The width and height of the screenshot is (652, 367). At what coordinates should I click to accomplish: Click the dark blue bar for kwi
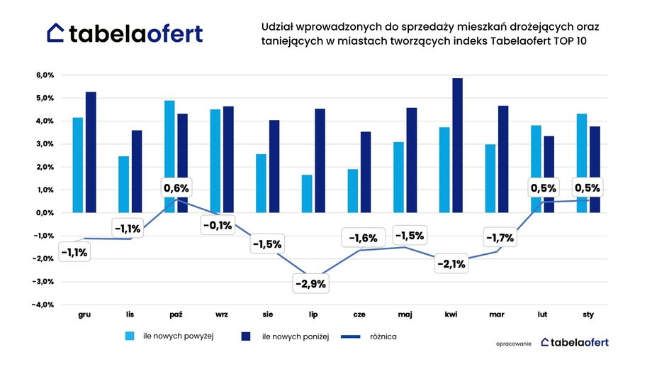pyautogui.click(x=457, y=146)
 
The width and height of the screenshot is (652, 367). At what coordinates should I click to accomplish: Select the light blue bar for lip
pyautogui.click(x=306, y=193)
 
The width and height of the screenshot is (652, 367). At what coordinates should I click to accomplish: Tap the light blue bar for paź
pyautogui.click(x=169, y=156)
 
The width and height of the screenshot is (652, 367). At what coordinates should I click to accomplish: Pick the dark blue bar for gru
pyautogui.click(x=91, y=152)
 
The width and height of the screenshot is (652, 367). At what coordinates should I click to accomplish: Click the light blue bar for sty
pyautogui.click(x=580, y=163)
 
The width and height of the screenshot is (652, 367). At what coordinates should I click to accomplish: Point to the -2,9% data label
pyautogui.click(x=310, y=283)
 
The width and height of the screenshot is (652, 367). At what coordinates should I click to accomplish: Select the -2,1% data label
pyautogui.click(x=451, y=264)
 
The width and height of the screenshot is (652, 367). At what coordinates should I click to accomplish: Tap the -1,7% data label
pyautogui.click(x=499, y=239)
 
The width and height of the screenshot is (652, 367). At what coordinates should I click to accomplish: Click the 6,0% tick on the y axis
pyautogui.click(x=45, y=75)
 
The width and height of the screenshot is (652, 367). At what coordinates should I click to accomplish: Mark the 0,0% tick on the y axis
pyautogui.click(x=45, y=213)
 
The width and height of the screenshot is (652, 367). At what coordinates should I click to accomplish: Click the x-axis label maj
pyautogui.click(x=405, y=314)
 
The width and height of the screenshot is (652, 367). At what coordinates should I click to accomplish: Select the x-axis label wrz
pyautogui.click(x=221, y=314)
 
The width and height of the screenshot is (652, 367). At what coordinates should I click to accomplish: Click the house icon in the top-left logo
pyautogui.click(x=56, y=33)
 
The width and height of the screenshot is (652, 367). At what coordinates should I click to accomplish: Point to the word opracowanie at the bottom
pyautogui.click(x=514, y=343)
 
